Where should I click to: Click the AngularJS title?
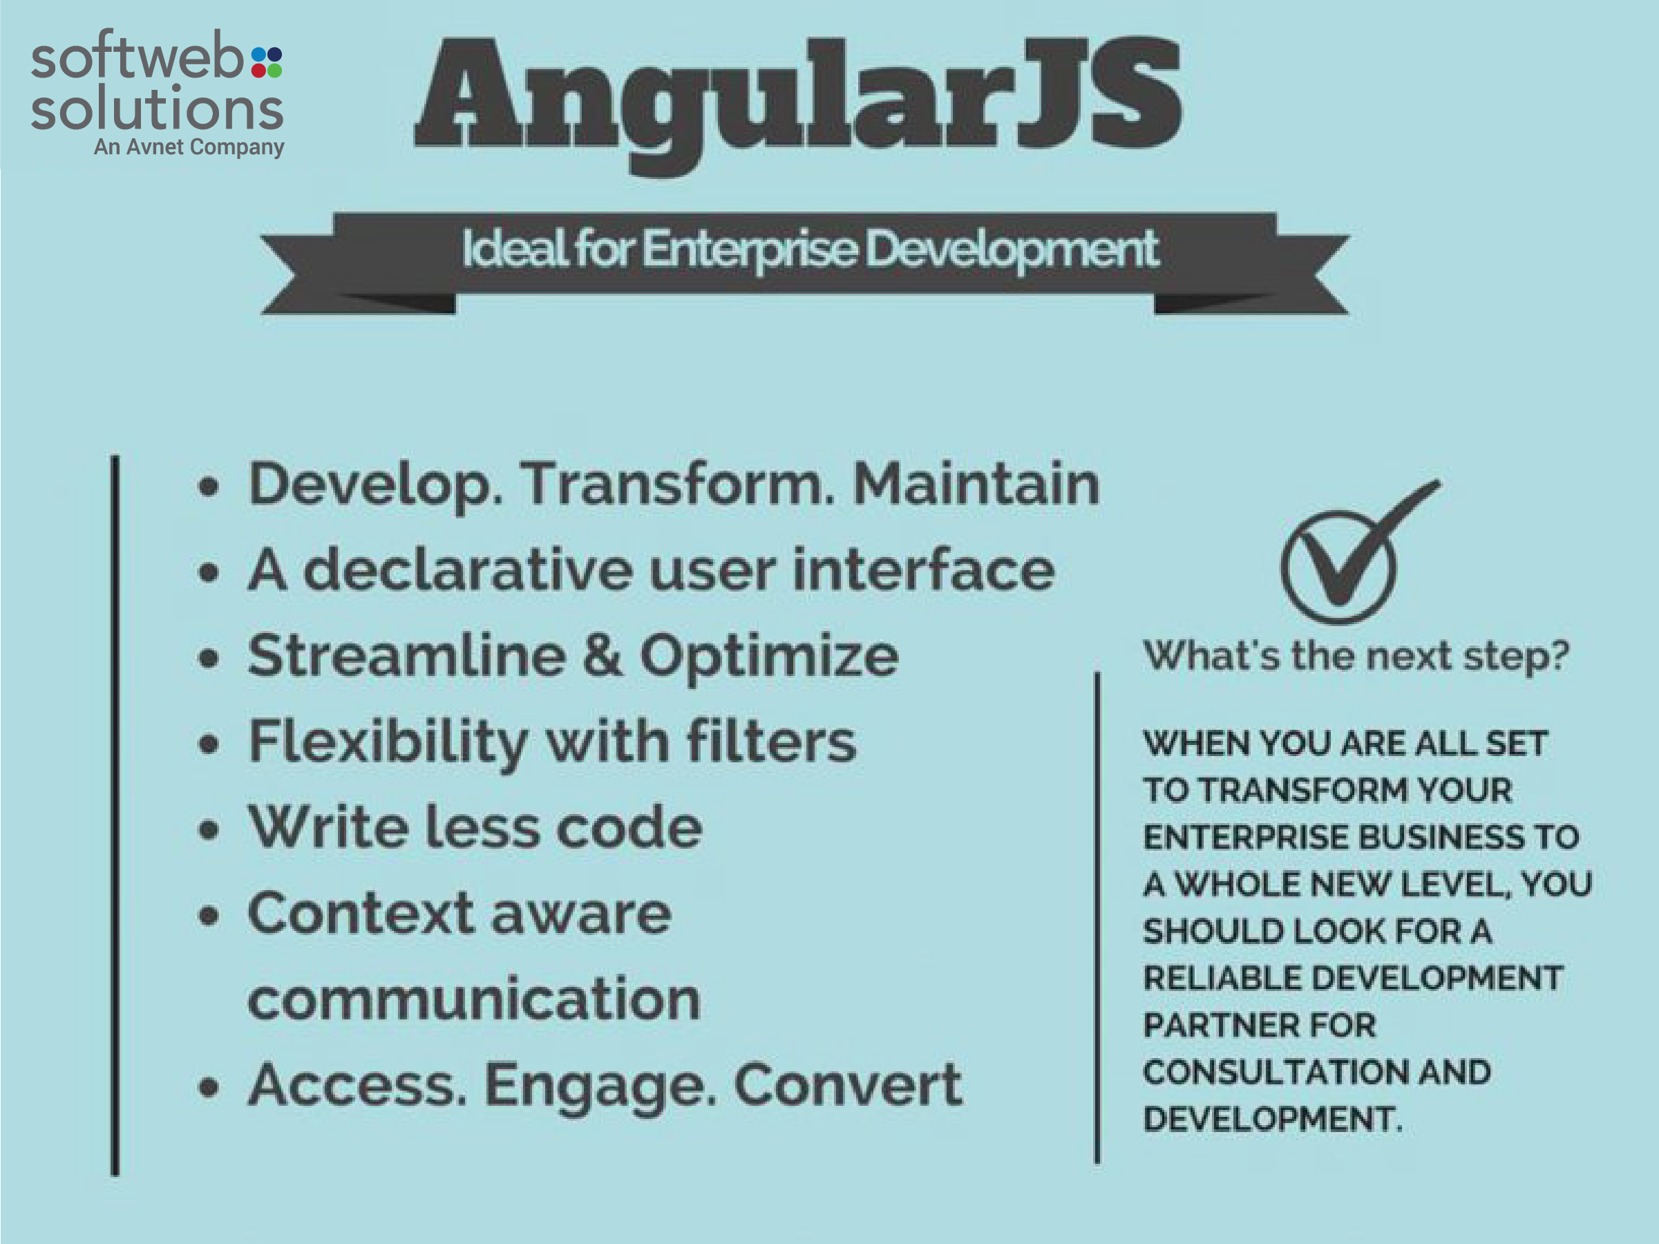(x=798, y=105)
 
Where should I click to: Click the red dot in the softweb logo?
(x=258, y=70)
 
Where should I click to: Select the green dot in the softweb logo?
(x=274, y=70)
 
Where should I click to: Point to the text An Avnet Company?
(x=189, y=147)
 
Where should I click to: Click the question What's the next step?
(x=1356, y=656)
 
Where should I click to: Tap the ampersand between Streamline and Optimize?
(x=603, y=655)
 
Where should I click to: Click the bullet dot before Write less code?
(x=209, y=830)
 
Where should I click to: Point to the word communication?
(x=474, y=999)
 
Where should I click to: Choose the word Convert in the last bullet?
(x=849, y=1085)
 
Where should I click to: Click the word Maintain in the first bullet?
(x=976, y=484)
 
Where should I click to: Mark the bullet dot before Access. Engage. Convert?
(x=209, y=1088)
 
